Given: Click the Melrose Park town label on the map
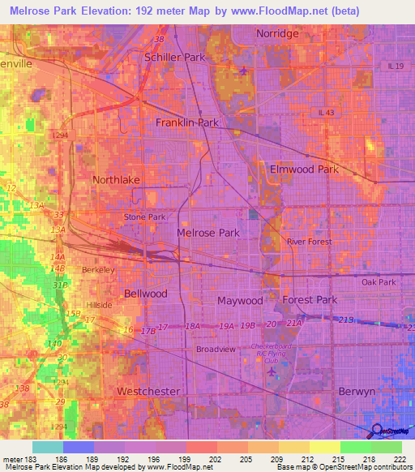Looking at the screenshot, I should (x=208, y=233).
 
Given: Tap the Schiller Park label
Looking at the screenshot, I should (x=174, y=58).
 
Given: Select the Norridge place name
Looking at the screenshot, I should (x=278, y=33).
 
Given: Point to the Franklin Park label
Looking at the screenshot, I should (x=187, y=122).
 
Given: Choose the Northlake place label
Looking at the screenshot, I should (x=116, y=180).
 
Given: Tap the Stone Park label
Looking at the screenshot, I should (x=144, y=217).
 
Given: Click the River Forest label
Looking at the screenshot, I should (x=310, y=242).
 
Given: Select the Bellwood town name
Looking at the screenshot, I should (x=146, y=293).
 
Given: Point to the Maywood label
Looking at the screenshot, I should (x=240, y=301).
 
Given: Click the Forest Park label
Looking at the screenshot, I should (x=309, y=299).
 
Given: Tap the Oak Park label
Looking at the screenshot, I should (x=379, y=282).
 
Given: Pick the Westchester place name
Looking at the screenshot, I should (x=148, y=391).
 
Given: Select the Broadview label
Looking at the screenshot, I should (x=216, y=350).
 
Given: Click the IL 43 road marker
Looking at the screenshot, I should (x=326, y=113).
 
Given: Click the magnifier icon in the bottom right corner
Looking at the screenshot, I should (x=376, y=431).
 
